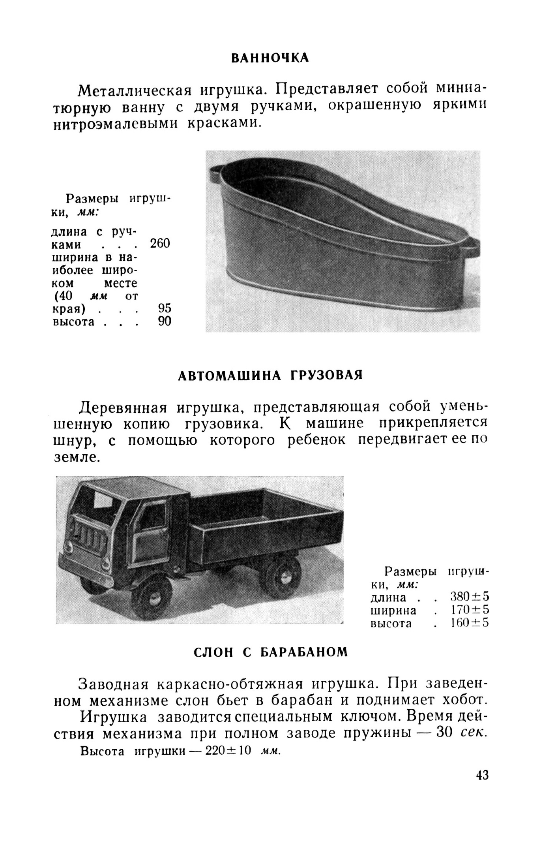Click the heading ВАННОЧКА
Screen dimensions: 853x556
tap(270, 58)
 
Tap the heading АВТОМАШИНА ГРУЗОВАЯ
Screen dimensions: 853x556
tap(270, 375)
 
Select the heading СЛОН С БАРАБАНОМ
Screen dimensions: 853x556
tap(271, 652)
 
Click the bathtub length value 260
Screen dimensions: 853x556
tap(160, 244)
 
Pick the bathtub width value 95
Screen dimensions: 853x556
tap(165, 308)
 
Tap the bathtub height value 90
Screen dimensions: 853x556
tap(165, 321)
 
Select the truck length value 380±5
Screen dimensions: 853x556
tap(470, 597)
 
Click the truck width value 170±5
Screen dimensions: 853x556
tap(470, 610)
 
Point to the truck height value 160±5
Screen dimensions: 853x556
tap(470, 623)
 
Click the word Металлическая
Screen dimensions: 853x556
tap(135, 90)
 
